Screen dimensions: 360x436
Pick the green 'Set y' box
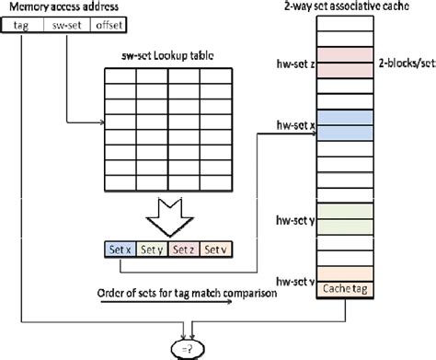(152, 250)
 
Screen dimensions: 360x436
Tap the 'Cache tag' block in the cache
(345, 289)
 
